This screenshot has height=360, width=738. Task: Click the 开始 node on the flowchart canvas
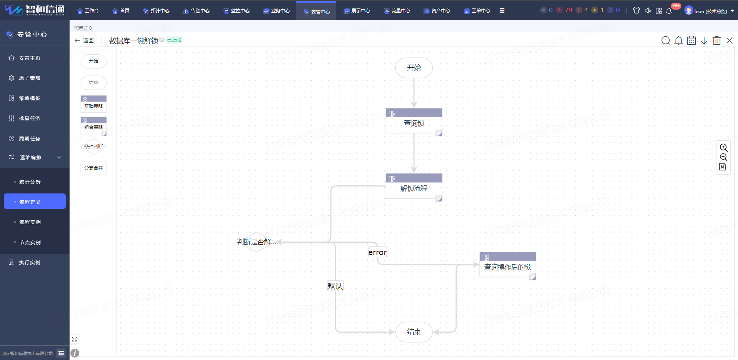pyautogui.click(x=414, y=68)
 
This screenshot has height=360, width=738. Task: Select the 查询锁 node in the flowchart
pyautogui.click(x=414, y=121)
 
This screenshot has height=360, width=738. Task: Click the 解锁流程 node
pyautogui.click(x=414, y=186)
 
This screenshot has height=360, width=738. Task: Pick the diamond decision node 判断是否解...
pyautogui.click(x=256, y=242)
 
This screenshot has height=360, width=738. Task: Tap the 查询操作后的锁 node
pyautogui.click(x=508, y=265)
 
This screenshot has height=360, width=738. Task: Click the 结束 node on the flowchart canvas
pyautogui.click(x=414, y=332)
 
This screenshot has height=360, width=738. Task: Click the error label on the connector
pyautogui.click(x=377, y=252)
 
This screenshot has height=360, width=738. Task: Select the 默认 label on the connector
pyautogui.click(x=335, y=286)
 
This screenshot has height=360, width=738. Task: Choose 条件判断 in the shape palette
pyautogui.click(x=93, y=147)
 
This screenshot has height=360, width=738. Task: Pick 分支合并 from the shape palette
pyautogui.click(x=93, y=168)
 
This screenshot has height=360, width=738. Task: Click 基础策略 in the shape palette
pyautogui.click(x=93, y=103)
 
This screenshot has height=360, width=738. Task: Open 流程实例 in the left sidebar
pyautogui.click(x=30, y=222)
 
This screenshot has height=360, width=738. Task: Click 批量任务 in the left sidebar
pyautogui.click(x=30, y=118)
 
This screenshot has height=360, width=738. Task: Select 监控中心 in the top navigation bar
pyautogui.click(x=237, y=11)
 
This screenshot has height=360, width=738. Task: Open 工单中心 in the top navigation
pyautogui.click(x=477, y=11)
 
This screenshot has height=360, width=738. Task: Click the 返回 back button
pyautogui.click(x=84, y=40)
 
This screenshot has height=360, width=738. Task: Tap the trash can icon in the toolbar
pyautogui.click(x=717, y=40)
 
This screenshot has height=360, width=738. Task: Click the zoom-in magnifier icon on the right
pyautogui.click(x=723, y=148)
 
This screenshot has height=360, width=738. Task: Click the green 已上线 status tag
pyautogui.click(x=174, y=40)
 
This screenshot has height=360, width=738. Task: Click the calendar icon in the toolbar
pyautogui.click(x=691, y=40)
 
